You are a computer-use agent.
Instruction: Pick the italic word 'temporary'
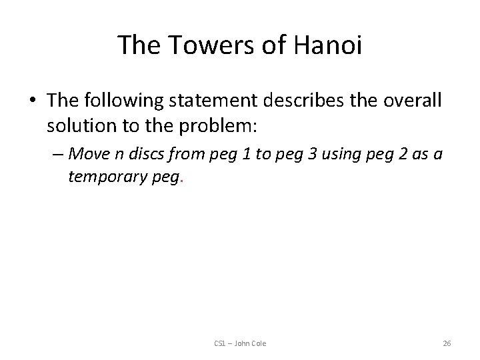(x=106, y=178)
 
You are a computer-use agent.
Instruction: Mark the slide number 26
(x=447, y=343)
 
